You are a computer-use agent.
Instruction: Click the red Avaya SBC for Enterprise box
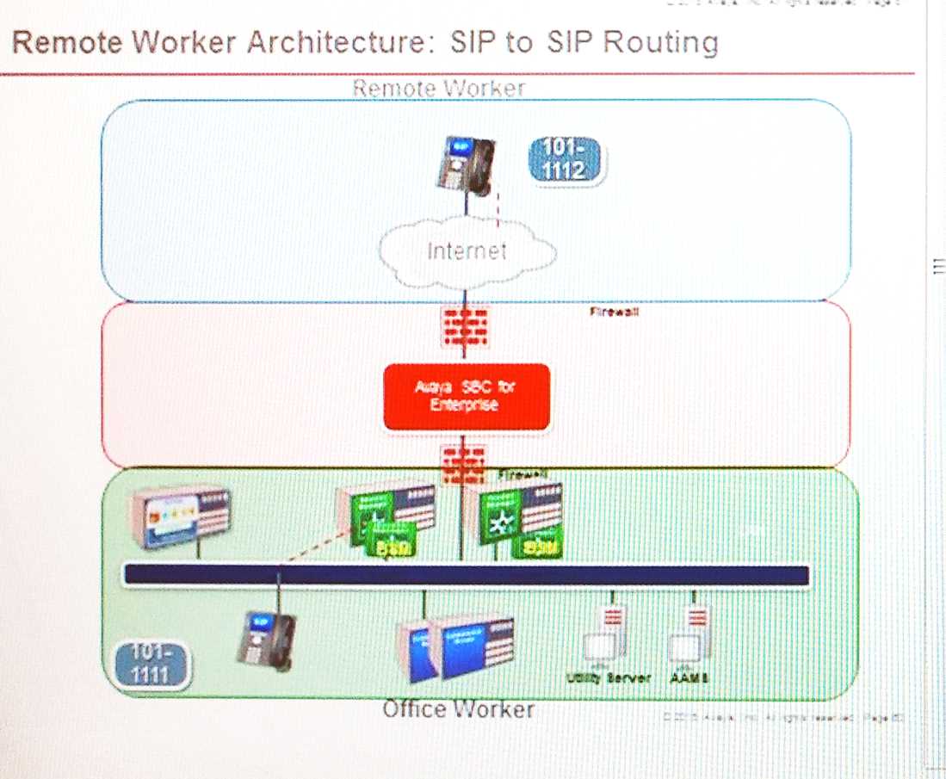pos(466,397)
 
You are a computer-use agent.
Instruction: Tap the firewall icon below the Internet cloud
pos(465,328)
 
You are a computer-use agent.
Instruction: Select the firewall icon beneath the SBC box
pos(465,463)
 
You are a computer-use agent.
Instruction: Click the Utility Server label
pos(608,677)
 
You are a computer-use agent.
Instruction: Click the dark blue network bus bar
pos(466,575)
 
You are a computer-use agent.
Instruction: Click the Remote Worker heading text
pos(438,88)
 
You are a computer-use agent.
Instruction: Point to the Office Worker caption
pos(458,709)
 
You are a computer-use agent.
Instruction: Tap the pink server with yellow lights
pos(180,517)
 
